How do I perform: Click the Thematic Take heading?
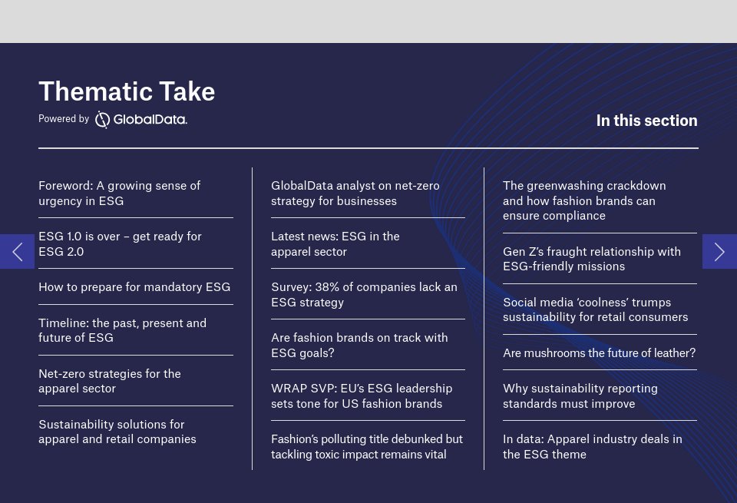pos(127,91)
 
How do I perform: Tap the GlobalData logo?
pos(141,119)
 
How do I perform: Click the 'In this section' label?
pos(646,121)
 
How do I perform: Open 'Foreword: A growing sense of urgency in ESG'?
pos(119,194)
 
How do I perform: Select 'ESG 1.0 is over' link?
pos(120,244)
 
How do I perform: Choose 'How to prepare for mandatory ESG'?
pos(134,287)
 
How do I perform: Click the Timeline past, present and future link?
pos(122,330)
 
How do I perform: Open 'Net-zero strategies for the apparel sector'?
pos(110,381)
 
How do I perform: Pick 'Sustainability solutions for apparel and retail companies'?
pos(117,432)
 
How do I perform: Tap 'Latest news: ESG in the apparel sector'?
pos(335,244)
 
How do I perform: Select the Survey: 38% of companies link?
pos(364,295)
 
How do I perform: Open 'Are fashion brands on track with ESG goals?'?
pos(359,346)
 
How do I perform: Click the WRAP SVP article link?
pos(362,396)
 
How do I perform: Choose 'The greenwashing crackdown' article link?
pos(584,200)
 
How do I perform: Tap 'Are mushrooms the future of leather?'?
pos(599,353)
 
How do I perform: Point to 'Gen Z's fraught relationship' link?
pos(592,259)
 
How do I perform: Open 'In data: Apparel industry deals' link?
pos(592,447)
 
